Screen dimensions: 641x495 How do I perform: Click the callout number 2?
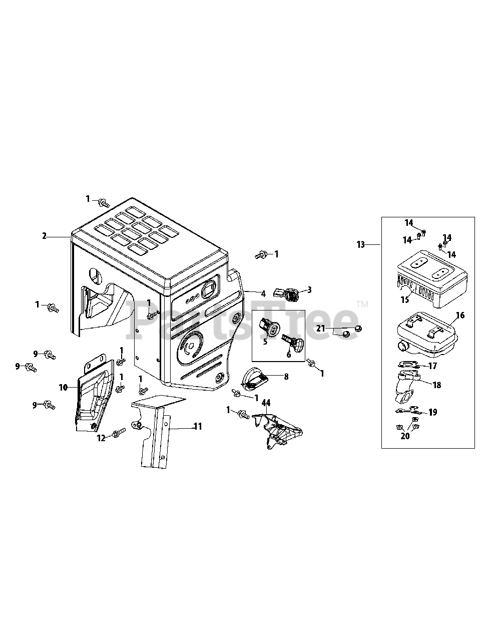[x=44, y=236]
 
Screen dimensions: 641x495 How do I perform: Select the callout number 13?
[x=361, y=244]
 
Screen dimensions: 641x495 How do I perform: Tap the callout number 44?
[x=266, y=403]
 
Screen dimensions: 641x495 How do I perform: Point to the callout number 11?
[x=198, y=427]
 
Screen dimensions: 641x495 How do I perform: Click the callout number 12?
[x=102, y=438]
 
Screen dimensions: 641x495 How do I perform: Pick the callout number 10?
[x=63, y=387]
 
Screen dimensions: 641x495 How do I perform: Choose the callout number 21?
[x=321, y=329]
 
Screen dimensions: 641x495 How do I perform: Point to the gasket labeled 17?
[x=408, y=366]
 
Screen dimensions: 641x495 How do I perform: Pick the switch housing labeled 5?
[x=270, y=328]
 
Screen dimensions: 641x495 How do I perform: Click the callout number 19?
[x=432, y=412]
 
